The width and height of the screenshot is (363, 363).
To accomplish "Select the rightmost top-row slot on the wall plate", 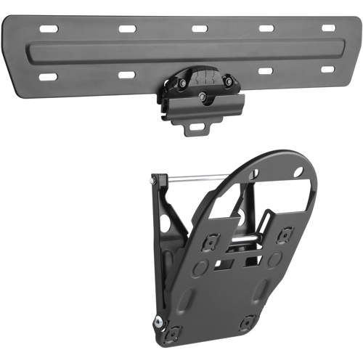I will pyautogui.click(x=328, y=28).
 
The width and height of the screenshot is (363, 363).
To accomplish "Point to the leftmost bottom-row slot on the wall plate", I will pyautogui.click(x=49, y=76).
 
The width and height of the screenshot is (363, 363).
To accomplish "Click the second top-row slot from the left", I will pyautogui.click(x=128, y=29).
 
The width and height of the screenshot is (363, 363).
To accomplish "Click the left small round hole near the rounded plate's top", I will pyautogui.click(x=258, y=169).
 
